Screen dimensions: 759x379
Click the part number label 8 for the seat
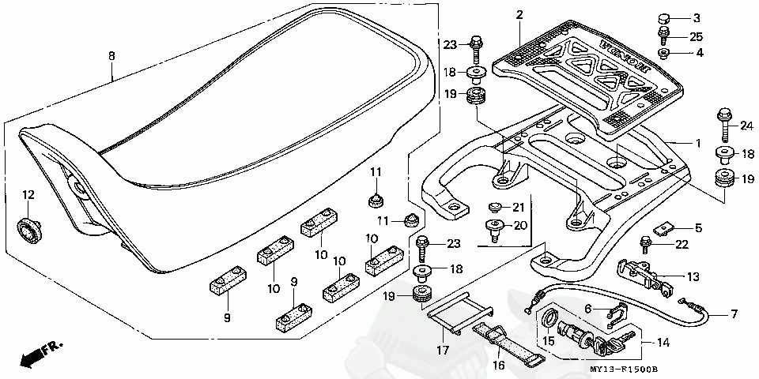[x=111, y=57]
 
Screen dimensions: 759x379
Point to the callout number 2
[x=519, y=16]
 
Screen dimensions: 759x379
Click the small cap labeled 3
[x=664, y=20]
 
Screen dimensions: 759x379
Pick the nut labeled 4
[x=663, y=52]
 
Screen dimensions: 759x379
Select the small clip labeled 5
[x=663, y=228]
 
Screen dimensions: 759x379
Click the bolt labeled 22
[x=645, y=245]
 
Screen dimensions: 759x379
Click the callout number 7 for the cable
[x=734, y=315]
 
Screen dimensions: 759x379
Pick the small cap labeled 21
[x=493, y=208]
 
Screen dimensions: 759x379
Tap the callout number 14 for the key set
[x=663, y=342]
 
